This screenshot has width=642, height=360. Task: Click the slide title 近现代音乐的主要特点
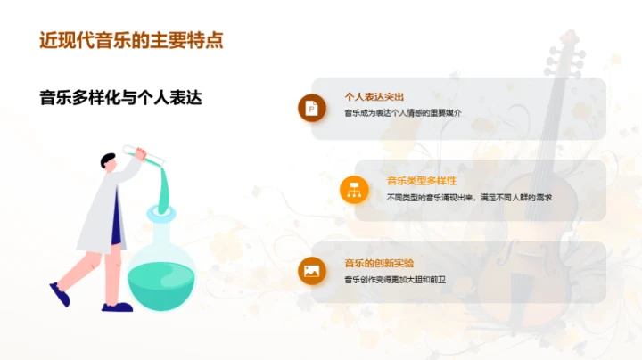click(x=131, y=41)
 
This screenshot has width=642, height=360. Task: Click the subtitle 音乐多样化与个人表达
click(x=120, y=98)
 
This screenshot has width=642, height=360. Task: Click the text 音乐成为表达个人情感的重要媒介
click(x=403, y=112)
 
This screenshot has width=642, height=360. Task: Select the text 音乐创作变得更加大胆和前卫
click(x=395, y=280)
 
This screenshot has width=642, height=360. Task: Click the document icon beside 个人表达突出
click(x=311, y=108)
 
